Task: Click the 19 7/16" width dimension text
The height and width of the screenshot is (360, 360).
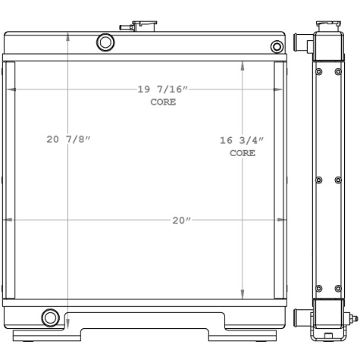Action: pos(162,89)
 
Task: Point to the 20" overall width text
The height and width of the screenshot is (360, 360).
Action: pos(180,221)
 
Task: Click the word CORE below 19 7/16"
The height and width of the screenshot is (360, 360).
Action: pos(162,102)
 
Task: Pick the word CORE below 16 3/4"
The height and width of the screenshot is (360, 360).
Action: pos(242,153)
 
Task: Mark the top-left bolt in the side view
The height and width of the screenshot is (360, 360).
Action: pos(318,72)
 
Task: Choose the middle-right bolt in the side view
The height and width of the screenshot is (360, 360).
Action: pos(339,180)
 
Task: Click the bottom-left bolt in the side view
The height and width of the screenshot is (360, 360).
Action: pos(318,288)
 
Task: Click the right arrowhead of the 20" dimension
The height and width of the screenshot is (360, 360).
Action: pos(283,221)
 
